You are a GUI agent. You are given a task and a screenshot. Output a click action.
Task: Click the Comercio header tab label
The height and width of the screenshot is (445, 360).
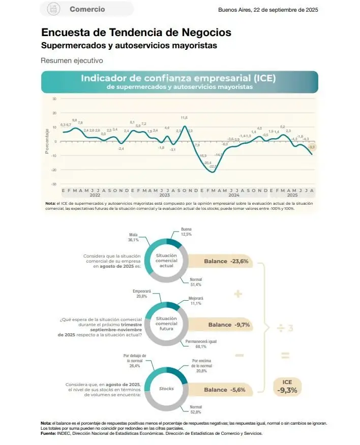pyautogui.click(x=87, y=9)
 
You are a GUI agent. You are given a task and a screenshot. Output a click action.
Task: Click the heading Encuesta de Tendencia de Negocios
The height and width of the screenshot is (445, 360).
pyautogui.click(x=136, y=33)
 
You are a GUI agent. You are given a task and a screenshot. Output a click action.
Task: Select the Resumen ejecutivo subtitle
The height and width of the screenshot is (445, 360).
pyautogui.click(x=71, y=60)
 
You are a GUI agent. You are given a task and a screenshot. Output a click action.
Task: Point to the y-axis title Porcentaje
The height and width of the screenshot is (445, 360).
pyautogui.click(x=47, y=141)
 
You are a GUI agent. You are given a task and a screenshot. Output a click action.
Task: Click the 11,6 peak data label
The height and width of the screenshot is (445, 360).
pyautogui.click(x=184, y=118)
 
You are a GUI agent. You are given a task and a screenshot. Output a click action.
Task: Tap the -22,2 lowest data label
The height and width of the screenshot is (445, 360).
pyautogui.click(x=213, y=166)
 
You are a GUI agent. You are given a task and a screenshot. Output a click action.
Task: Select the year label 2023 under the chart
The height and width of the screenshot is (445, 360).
pyautogui.click(x=164, y=195)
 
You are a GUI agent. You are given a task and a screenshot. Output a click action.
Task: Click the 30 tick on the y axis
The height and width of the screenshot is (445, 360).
pyautogui.click(x=54, y=99)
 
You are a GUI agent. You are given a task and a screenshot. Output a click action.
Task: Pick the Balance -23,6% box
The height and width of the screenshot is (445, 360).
pyautogui.click(x=226, y=261)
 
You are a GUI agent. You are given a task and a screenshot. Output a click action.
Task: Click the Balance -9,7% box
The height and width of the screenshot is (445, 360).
pyautogui.click(x=229, y=324)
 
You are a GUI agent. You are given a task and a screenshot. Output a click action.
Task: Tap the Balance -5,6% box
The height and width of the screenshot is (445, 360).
pyautogui.click(x=225, y=390)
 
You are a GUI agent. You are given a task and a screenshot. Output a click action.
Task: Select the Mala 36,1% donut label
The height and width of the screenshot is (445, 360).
pyautogui.click(x=134, y=237)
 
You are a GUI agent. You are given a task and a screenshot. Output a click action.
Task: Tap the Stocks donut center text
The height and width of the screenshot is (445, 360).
pyautogui.click(x=166, y=389)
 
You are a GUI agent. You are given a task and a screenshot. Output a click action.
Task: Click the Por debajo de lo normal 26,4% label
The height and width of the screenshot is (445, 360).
pyautogui.click(x=135, y=360)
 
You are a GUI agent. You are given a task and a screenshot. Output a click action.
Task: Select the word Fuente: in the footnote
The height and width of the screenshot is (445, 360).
pyautogui.click(x=49, y=433)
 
